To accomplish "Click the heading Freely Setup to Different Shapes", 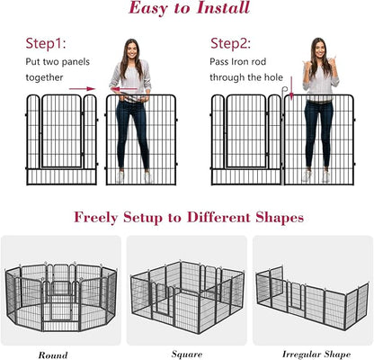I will [x=187, y=217].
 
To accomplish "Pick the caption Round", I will [x=52, y=355].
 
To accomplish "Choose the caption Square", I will [x=187, y=355].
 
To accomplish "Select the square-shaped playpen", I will [x=187, y=293].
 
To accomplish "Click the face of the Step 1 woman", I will [x=131, y=50].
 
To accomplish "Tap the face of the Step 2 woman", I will [x=320, y=49].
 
